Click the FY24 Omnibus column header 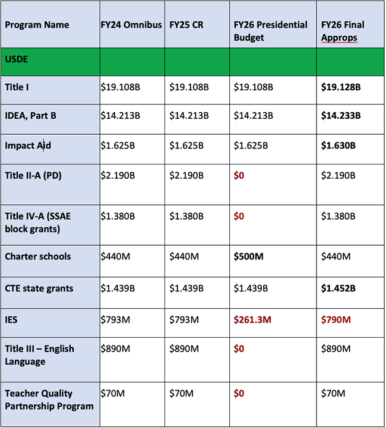(131, 25)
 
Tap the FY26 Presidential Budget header (270, 31)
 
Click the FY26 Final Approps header (343, 31)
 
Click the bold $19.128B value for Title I (340, 87)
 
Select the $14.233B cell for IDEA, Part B (340, 116)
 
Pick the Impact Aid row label (28, 145)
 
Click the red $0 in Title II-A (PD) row (238, 176)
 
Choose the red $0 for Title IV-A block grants (238, 216)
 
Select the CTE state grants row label (39, 288)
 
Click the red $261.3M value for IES (252, 320)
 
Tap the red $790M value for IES (336, 320)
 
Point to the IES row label (12, 320)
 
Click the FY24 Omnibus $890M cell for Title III (116, 348)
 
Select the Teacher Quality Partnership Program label (49, 400)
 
